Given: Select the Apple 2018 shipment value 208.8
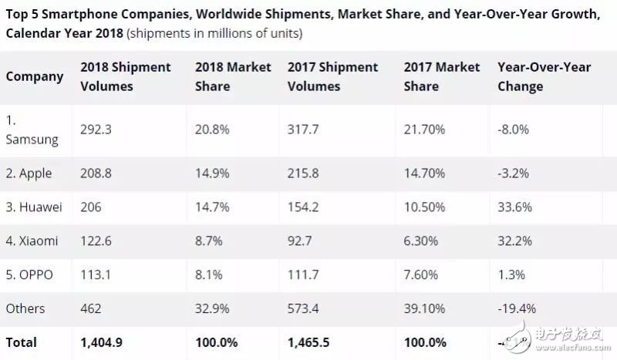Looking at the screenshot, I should (x=96, y=174).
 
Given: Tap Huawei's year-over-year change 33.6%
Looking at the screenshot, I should (x=513, y=207).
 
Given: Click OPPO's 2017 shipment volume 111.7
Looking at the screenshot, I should (x=304, y=274).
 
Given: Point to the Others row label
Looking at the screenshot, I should (x=25, y=308).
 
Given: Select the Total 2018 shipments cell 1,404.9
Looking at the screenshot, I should (x=103, y=341).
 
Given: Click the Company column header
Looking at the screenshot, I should (x=34, y=76).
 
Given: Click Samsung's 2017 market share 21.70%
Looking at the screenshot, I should (x=424, y=130).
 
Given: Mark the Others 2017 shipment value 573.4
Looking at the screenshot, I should (x=305, y=308).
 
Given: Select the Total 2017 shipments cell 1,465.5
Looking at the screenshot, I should (x=313, y=341).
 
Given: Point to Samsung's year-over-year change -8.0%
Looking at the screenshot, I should (x=514, y=130).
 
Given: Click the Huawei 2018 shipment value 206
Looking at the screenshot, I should (x=91, y=207).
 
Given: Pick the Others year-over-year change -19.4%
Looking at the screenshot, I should (x=518, y=308).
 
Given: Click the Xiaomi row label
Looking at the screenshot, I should (x=32, y=241).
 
